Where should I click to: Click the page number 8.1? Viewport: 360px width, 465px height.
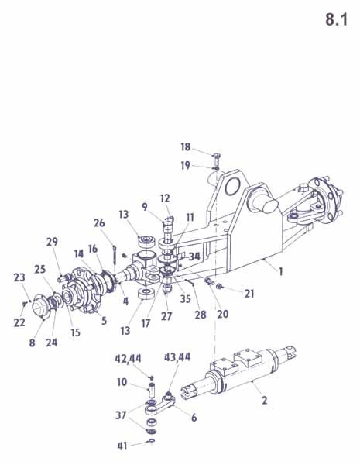(x=336, y=19)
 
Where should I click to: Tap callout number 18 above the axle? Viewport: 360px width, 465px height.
(x=186, y=146)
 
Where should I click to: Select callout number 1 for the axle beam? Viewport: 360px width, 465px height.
(x=279, y=271)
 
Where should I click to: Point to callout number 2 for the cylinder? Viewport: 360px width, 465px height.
(x=265, y=400)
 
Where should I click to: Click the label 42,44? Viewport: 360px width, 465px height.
(x=128, y=359)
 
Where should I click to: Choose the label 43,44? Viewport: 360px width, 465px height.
(x=177, y=357)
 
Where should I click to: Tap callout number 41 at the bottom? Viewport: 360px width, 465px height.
(x=122, y=446)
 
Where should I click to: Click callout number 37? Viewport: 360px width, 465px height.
(x=121, y=415)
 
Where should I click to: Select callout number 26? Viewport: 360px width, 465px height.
(x=99, y=222)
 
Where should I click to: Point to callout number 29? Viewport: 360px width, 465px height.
(x=52, y=242)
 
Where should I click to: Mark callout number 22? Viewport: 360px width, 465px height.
(x=19, y=322)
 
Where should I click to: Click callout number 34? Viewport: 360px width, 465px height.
(x=194, y=257)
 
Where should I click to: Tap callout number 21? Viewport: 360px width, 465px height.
(x=249, y=293)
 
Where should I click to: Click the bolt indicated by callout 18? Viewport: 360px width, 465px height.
(x=216, y=160)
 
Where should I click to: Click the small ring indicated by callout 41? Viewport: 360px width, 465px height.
(x=152, y=441)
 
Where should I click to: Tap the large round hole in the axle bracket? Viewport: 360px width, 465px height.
(x=234, y=187)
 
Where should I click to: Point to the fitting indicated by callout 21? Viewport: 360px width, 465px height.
(x=220, y=286)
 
